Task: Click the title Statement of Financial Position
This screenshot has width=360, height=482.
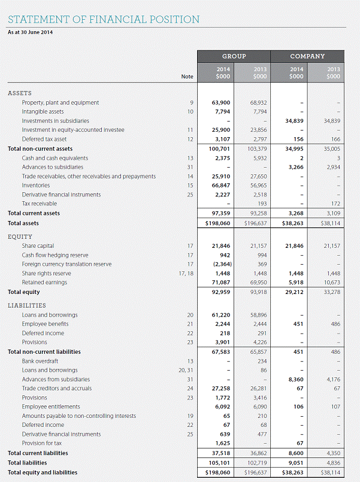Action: (x=104, y=19)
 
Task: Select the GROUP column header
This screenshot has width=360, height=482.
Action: (x=234, y=56)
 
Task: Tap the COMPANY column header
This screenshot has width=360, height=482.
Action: (x=307, y=56)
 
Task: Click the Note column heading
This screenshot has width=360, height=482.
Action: (x=187, y=77)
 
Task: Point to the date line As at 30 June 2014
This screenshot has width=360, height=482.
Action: (x=30, y=32)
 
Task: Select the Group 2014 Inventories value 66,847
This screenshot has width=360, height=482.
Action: (x=222, y=186)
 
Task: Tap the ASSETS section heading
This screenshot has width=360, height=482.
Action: (x=20, y=93)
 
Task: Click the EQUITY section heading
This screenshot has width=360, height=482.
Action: (x=20, y=237)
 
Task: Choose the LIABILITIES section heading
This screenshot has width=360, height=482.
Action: (x=27, y=305)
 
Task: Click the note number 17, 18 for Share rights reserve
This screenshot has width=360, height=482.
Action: (x=186, y=273)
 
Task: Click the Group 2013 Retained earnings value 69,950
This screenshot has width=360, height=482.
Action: (x=259, y=283)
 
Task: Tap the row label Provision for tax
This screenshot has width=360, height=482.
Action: (x=44, y=443)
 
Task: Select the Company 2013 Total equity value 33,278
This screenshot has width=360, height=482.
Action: (x=331, y=292)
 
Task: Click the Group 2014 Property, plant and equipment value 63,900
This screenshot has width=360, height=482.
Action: (x=222, y=102)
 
